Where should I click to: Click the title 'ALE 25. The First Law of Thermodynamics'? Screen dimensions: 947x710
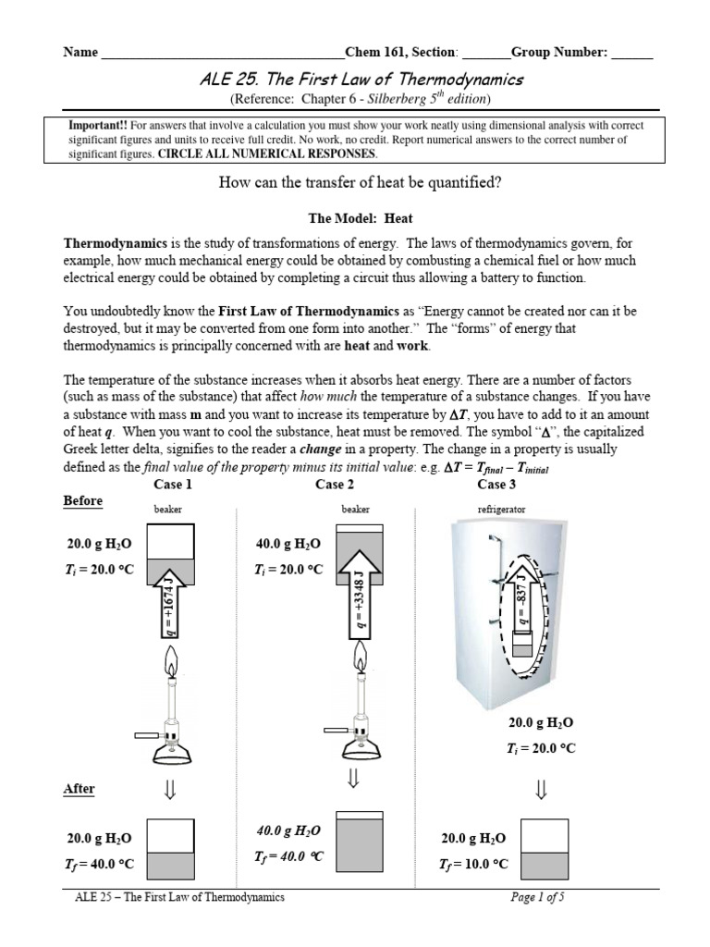pos(361,80)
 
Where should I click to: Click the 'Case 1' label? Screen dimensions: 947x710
pos(173,484)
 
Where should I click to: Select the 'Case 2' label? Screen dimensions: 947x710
pos(335,484)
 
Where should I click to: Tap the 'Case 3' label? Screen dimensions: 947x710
pos(496,484)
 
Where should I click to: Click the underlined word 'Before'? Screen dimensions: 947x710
pos(83,500)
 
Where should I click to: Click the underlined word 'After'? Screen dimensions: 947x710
pos(80,789)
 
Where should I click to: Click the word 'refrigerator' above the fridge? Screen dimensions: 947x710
pos(502,510)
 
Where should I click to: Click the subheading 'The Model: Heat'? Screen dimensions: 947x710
pos(361,218)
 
